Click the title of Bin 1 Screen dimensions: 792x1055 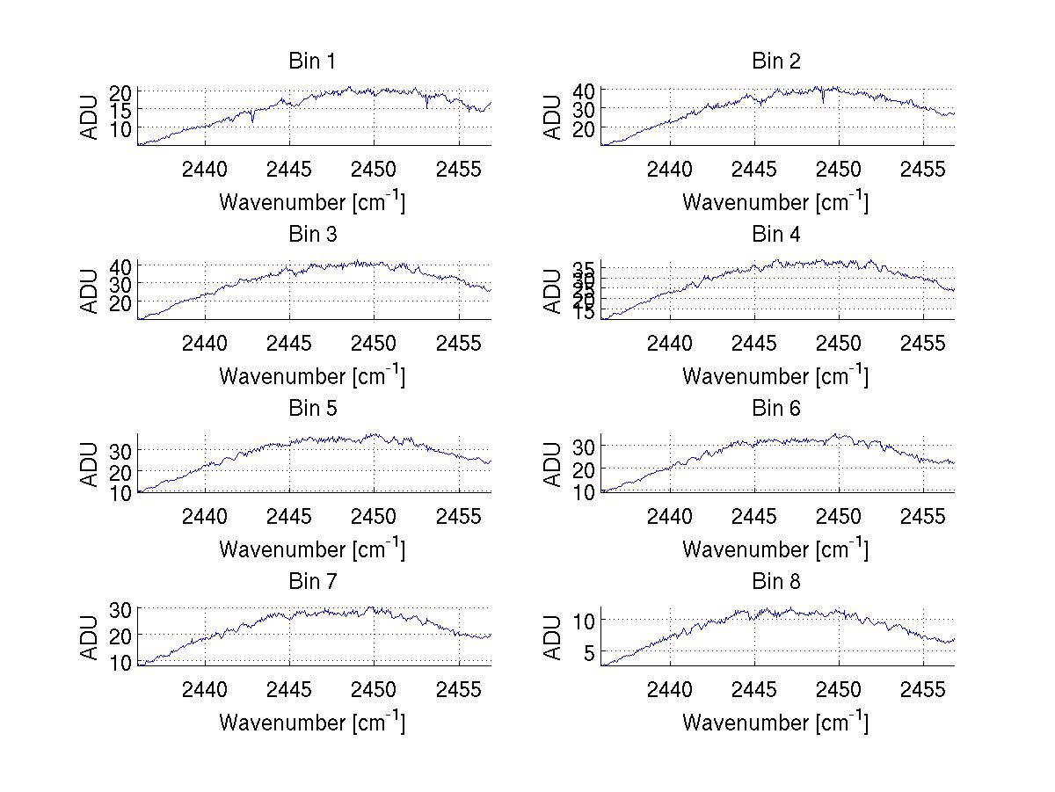312,62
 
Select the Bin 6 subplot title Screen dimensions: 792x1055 775,409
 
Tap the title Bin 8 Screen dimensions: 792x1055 775,582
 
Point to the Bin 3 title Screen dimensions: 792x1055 312,235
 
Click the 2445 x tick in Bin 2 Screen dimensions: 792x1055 754,169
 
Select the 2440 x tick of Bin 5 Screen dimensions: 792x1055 206,516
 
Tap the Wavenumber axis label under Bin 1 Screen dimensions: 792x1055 312,202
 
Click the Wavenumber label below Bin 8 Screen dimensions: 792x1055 775,723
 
